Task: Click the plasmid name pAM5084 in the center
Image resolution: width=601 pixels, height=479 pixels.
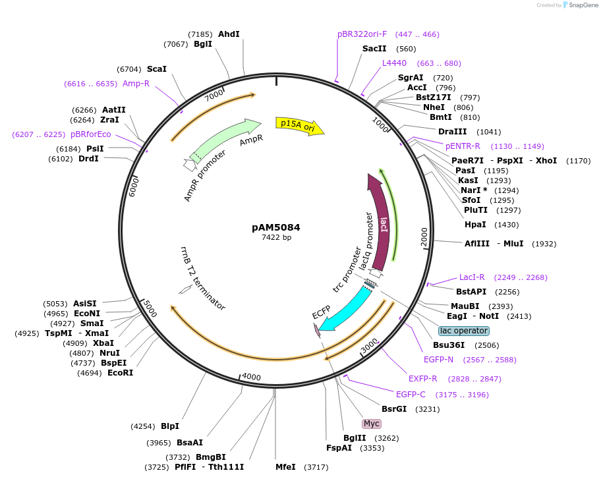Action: (276, 227)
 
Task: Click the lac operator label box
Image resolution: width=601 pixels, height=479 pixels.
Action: (464, 331)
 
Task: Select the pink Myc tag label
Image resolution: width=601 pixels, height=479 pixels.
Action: (372, 423)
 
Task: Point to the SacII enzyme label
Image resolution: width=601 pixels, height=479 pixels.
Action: (374, 49)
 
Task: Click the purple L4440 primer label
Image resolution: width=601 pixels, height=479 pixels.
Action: (394, 63)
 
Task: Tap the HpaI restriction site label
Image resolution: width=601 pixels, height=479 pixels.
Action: (475, 225)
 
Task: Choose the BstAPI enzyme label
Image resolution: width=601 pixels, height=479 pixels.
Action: (471, 291)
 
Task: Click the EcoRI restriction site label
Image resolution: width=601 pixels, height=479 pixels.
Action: (120, 373)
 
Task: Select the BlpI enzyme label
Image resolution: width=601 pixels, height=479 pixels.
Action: (170, 426)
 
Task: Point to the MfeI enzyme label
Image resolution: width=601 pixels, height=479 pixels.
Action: (285, 467)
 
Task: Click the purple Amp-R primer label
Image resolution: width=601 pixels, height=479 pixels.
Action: (136, 84)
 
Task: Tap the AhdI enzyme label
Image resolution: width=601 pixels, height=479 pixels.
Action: (229, 34)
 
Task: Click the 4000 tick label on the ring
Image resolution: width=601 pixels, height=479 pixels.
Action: (252, 376)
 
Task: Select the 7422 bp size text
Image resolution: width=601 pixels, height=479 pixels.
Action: (276, 237)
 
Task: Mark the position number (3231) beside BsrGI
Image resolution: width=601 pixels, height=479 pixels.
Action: (428, 409)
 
